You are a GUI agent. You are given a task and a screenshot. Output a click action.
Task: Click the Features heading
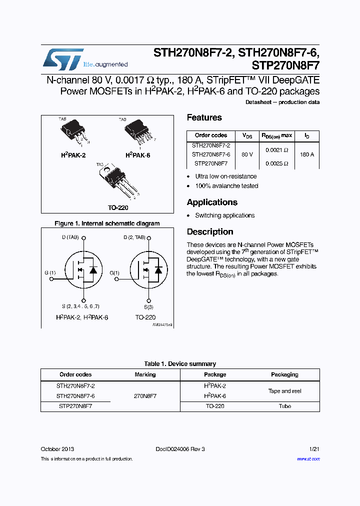204,117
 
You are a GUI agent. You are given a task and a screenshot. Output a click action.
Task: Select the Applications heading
212,202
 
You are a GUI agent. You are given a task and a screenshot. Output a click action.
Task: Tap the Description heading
210,231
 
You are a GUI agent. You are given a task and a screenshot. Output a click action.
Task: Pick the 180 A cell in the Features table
307,154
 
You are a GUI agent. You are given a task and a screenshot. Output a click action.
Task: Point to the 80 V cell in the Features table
247,154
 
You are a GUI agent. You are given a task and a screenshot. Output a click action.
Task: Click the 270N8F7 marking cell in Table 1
145,395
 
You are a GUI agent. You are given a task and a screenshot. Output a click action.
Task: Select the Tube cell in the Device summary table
284,406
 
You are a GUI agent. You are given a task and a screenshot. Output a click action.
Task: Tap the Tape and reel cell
284,391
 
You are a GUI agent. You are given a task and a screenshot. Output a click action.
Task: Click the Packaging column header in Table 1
284,374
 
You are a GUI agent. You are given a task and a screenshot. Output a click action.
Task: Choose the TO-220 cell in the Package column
215,406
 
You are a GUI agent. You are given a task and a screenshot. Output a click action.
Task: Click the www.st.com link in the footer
308,458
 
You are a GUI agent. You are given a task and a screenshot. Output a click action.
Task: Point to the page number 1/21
314,449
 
